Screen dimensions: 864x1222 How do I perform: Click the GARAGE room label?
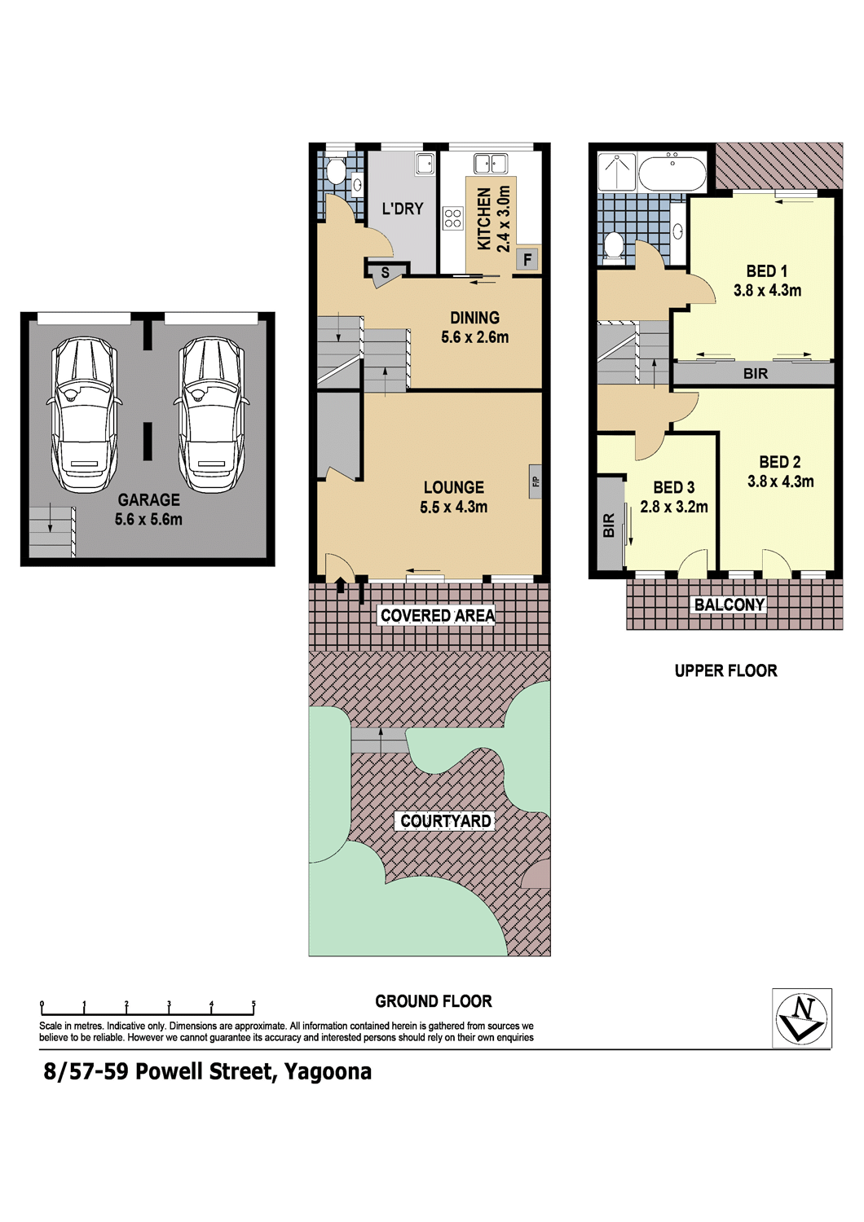coord(148,499)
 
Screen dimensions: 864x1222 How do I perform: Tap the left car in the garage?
coord(85,415)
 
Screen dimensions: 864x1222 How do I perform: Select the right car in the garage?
coord(211,415)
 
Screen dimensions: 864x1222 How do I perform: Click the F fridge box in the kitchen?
coord(527,260)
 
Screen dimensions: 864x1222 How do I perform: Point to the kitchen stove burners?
coord(453,218)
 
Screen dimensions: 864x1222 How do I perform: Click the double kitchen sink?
coord(491,164)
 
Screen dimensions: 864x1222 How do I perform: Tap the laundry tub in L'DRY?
coord(425,164)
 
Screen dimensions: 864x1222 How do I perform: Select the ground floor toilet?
coord(336,171)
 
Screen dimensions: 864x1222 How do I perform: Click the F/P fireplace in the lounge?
coord(536,481)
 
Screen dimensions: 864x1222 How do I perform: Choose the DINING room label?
coord(475,318)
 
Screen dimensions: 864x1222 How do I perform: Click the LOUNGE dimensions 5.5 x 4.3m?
coord(453,507)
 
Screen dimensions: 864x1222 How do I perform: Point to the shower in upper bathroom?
coord(617,171)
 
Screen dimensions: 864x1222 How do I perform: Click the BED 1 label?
coord(766,270)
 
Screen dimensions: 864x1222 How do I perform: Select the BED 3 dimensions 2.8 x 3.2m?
coord(674,507)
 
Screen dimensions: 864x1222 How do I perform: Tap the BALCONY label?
coord(730,604)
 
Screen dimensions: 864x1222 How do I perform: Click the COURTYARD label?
coord(445,820)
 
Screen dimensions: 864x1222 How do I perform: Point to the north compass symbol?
coord(802,1018)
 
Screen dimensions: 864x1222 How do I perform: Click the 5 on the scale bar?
coord(253,1003)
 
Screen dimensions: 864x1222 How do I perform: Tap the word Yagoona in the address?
coord(328,1071)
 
